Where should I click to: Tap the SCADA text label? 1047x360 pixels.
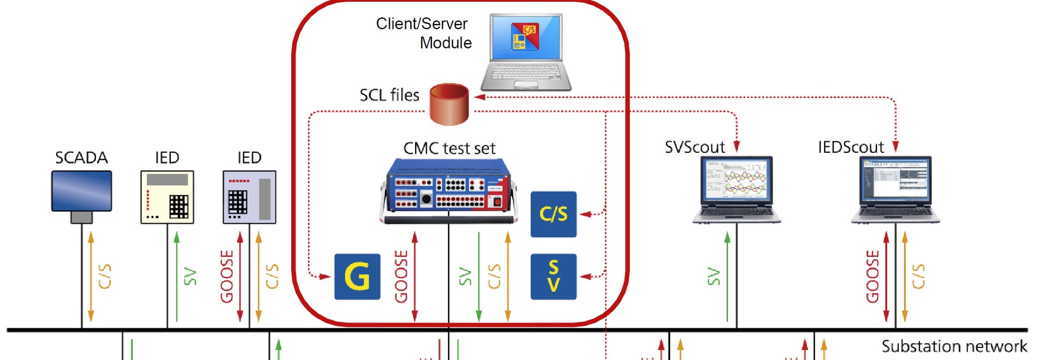click(x=81, y=158)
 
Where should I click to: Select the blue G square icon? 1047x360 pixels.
click(x=357, y=277)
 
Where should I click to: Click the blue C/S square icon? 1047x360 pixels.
click(x=553, y=214)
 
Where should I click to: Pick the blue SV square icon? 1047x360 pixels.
click(x=553, y=277)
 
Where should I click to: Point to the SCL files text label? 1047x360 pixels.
click(x=389, y=95)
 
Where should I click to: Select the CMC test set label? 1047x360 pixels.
click(x=449, y=148)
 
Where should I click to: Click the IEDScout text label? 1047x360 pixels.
click(x=851, y=147)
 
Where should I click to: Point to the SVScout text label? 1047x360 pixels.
click(x=695, y=147)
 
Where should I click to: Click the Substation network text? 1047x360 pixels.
click(x=954, y=346)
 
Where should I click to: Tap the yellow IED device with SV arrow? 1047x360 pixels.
click(x=167, y=197)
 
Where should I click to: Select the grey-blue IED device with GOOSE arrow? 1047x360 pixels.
click(x=249, y=197)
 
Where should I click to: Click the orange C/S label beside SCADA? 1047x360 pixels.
click(x=105, y=277)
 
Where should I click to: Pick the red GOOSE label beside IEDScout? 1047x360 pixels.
click(x=872, y=277)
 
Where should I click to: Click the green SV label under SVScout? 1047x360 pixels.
click(x=713, y=277)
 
